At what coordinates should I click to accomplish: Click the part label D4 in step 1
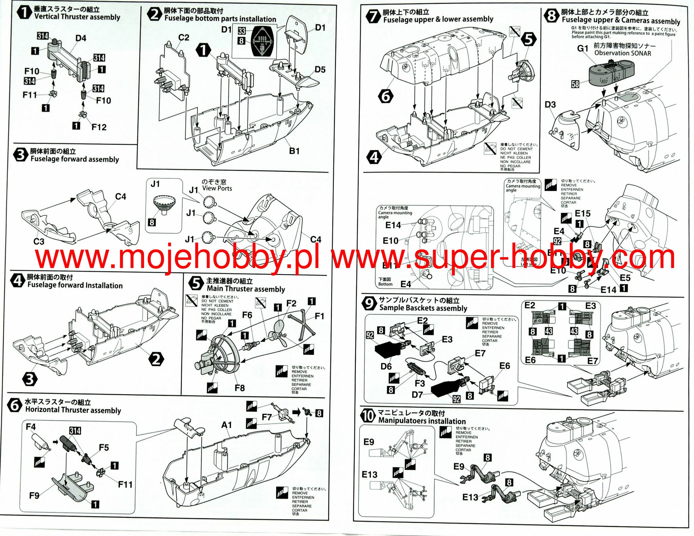[81, 38]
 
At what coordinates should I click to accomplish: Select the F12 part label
[99, 127]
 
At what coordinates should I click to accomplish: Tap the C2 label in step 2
[183, 37]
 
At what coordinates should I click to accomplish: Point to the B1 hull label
[294, 151]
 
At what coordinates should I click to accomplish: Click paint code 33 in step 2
[241, 31]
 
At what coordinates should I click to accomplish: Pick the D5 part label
[320, 69]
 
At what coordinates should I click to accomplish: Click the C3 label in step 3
[39, 242]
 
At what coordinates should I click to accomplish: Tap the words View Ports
[217, 188]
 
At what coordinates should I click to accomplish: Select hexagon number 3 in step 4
[30, 379]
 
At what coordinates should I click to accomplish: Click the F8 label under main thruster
[240, 388]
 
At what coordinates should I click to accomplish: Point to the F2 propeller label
[291, 303]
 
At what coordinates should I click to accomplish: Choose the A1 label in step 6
[227, 425]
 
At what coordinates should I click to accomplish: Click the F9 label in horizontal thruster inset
[34, 496]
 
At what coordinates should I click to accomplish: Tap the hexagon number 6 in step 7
[386, 96]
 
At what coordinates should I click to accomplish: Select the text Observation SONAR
[622, 53]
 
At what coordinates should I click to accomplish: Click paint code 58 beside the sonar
[575, 84]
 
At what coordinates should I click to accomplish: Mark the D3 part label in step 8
[550, 104]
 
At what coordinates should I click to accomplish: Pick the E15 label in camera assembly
[583, 213]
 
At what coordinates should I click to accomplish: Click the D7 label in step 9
[417, 395]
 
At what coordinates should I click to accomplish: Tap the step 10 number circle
[368, 416]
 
